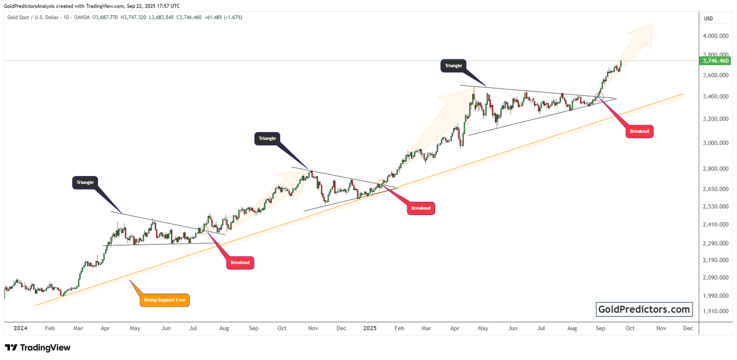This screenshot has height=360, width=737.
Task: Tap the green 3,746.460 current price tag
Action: [x=715, y=61]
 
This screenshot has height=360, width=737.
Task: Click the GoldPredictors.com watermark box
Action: [x=644, y=310]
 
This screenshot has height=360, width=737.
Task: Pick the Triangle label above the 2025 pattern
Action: [x=453, y=66]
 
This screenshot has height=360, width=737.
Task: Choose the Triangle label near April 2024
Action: [x=85, y=182]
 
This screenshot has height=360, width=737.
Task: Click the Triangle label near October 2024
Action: [x=267, y=139]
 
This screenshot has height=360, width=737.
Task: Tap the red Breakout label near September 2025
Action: [x=640, y=131]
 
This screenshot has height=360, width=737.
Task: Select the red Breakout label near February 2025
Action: [x=421, y=208]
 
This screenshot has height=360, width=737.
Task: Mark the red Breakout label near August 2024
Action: [x=240, y=263]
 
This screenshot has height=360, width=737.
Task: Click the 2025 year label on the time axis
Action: [x=369, y=328]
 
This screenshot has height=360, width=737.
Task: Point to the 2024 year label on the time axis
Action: [x=20, y=328]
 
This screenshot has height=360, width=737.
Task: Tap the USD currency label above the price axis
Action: [x=708, y=19]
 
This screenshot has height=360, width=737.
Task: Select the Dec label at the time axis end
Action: [x=688, y=328]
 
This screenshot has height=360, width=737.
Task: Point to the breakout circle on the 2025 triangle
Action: [x=598, y=96]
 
